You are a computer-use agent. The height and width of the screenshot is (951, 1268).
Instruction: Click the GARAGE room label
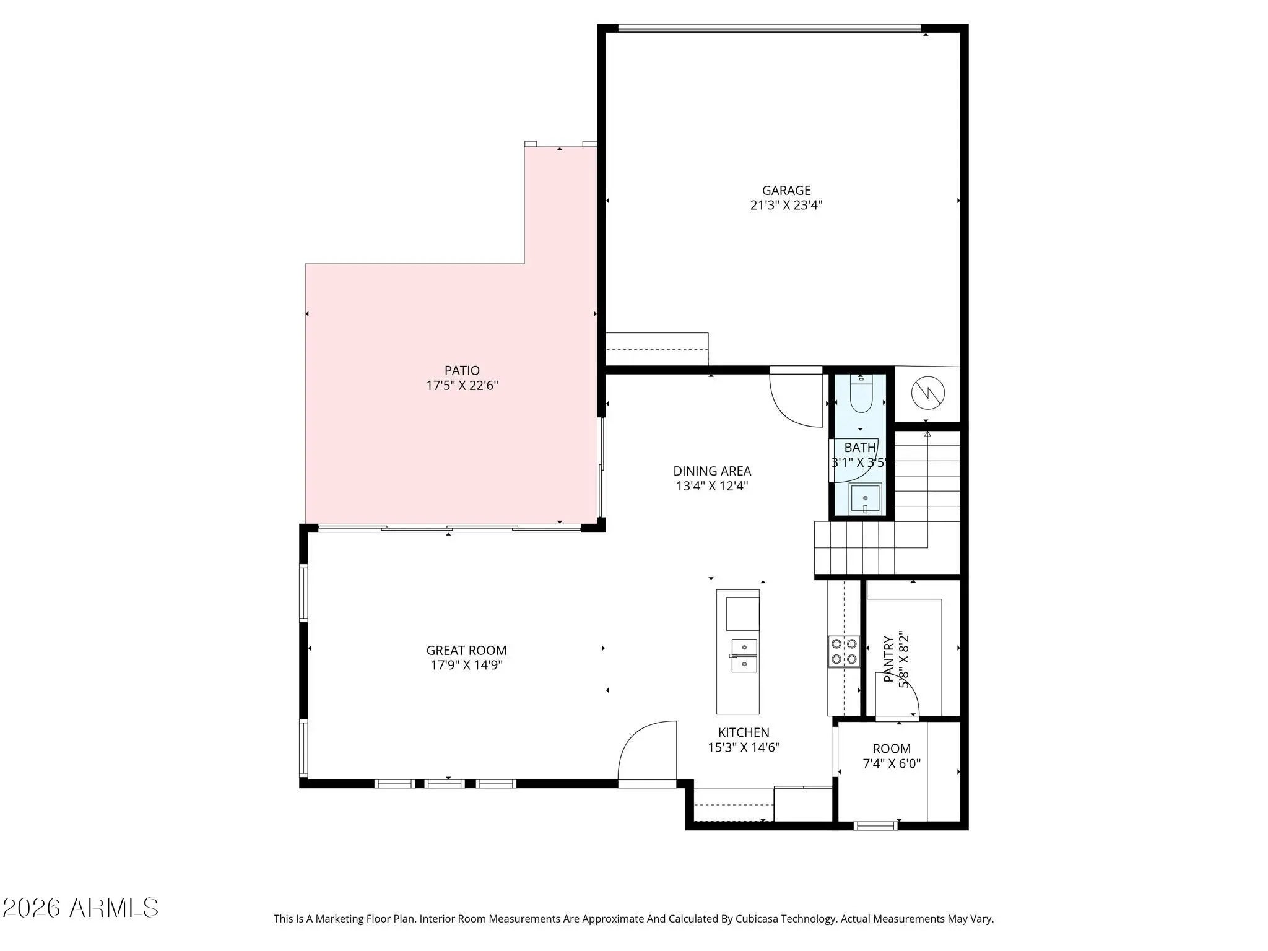[x=786, y=191]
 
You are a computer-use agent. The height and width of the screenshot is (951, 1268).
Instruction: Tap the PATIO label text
[x=462, y=370]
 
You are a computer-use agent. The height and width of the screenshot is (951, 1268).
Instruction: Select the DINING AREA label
[x=712, y=471]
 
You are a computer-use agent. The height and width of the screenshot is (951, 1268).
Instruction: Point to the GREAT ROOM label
[x=466, y=650]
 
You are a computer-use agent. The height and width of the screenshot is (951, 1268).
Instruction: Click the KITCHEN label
[x=744, y=732]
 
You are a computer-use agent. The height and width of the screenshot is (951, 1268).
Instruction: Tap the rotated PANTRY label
[x=888, y=659]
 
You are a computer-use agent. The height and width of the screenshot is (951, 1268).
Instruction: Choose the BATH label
[x=860, y=447]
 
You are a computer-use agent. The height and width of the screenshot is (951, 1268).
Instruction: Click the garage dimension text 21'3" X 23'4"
[x=786, y=206]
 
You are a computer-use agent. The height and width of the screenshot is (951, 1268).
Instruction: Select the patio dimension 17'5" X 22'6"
[x=462, y=386]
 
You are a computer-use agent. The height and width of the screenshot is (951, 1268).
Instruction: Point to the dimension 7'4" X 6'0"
[x=892, y=764]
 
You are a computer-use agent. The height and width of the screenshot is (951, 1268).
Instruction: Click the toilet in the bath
[x=861, y=394]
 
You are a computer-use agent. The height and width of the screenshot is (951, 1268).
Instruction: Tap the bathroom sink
[x=865, y=498]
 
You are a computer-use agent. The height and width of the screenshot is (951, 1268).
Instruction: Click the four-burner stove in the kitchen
[x=843, y=651]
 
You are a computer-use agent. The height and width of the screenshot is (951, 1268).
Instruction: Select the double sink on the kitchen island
[x=744, y=656]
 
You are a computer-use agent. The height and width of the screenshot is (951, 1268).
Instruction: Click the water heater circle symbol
[x=928, y=392]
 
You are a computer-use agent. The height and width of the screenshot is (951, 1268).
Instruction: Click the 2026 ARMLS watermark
[x=80, y=908]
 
